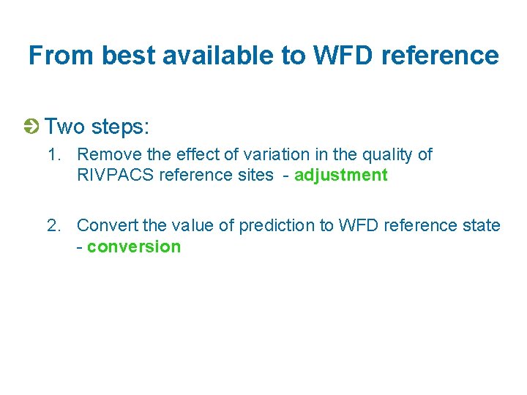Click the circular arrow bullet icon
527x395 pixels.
[x=31, y=127]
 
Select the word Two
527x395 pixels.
[x=64, y=127]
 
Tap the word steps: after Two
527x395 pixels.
[x=120, y=127]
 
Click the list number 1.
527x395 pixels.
[x=53, y=155]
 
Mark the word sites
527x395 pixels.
[x=254, y=176]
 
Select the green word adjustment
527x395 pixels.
[x=340, y=176]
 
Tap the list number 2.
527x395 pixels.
[x=53, y=225]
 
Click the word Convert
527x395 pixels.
[x=105, y=225]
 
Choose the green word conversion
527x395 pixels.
[x=133, y=247]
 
